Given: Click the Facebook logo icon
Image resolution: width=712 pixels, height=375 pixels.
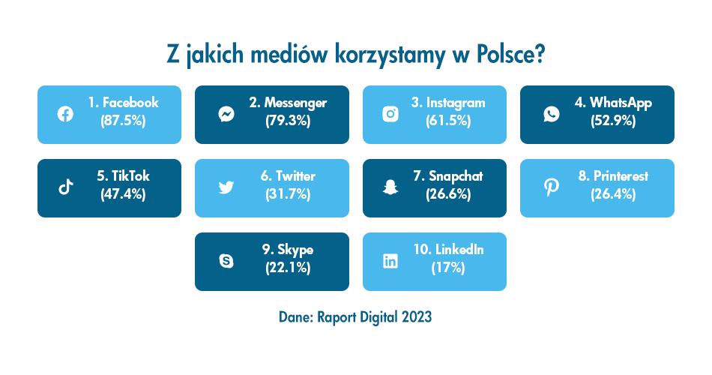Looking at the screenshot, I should pyautogui.click(x=65, y=114).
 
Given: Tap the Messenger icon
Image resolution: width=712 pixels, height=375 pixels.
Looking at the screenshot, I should pyautogui.click(x=226, y=114).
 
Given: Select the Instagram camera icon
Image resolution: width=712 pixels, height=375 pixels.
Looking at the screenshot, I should pyautogui.click(x=390, y=114).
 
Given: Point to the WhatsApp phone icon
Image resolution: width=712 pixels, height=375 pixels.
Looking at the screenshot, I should pyautogui.click(x=551, y=114).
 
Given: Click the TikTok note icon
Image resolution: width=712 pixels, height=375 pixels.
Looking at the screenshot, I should pyautogui.click(x=65, y=187).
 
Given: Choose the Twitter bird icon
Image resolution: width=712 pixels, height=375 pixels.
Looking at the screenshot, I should pyautogui.click(x=226, y=187).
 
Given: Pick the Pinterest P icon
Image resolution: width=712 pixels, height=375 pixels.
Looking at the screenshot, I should pyautogui.click(x=551, y=187).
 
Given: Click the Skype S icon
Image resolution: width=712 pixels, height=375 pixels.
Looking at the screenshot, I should pyautogui.click(x=226, y=261).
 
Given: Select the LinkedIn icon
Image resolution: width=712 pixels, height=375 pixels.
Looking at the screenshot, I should pyautogui.click(x=390, y=261).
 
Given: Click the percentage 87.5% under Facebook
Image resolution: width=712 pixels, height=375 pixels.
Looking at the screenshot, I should pyautogui.click(x=122, y=121).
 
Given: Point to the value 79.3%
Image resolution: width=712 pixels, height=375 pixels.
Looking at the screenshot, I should pyautogui.click(x=288, y=121).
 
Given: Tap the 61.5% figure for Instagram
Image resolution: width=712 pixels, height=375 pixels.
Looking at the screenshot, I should pyautogui.click(x=448, y=121).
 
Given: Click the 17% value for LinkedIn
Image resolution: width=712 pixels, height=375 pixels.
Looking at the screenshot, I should pyautogui.click(x=448, y=268).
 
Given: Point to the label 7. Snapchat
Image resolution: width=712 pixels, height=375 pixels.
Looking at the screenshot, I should pyautogui.click(x=448, y=177).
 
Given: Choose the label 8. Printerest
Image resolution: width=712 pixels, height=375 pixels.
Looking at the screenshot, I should pyautogui.click(x=613, y=177).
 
